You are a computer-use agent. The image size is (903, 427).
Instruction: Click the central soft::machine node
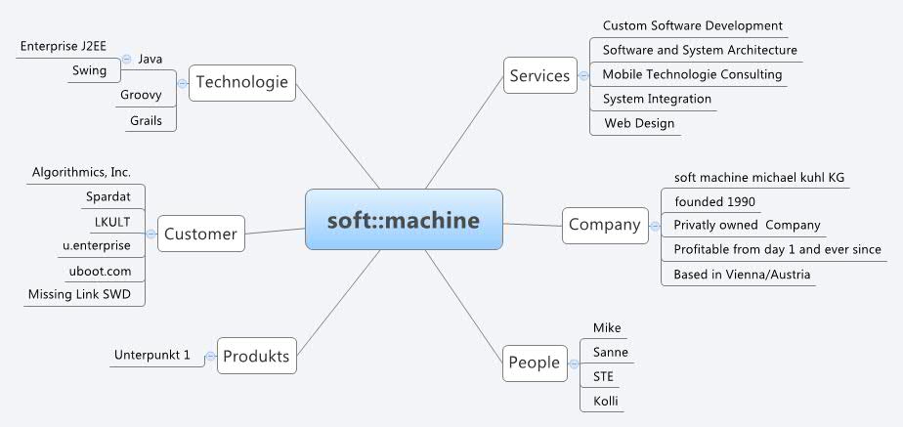point(404,221)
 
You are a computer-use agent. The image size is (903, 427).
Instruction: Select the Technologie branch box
point(242,82)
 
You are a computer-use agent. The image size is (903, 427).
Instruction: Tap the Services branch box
point(539,75)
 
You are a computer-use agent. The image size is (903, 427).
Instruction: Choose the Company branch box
point(605,225)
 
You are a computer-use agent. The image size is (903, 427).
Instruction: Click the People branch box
point(534,363)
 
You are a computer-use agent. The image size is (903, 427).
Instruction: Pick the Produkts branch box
point(256,356)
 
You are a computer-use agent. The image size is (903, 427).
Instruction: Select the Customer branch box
point(200,234)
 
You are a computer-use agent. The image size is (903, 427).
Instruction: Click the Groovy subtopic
point(141,95)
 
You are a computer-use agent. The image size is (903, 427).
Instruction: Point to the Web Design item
point(638,123)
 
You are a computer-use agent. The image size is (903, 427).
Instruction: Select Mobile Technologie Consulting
point(692,74)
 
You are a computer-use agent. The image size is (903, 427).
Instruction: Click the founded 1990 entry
point(714,201)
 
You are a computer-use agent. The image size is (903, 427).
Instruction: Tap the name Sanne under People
point(611,352)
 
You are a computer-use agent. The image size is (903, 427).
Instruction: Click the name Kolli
point(606,401)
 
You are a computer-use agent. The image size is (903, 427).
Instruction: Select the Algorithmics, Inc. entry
point(81,172)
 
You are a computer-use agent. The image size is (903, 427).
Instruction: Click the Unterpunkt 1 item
point(151,355)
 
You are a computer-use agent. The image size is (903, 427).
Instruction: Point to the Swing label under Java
point(89,70)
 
